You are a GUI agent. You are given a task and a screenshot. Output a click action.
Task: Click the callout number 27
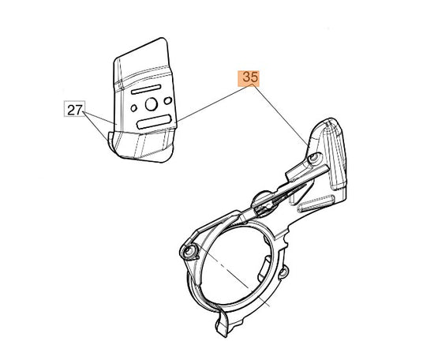tap(74, 110)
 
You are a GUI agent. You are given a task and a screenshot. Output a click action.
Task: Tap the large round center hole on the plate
tap(152, 104)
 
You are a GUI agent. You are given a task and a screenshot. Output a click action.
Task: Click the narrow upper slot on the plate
tap(146, 89)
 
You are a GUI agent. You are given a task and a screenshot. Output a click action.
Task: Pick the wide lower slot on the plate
tap(153, 122)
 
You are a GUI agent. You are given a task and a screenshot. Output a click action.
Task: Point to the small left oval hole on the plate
tap(134, 108)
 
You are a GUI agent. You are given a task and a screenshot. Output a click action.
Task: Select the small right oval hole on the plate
tap(168, 100)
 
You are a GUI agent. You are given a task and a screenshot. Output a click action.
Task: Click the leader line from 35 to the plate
tap(213, 103)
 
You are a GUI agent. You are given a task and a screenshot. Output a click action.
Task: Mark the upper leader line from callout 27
tap(99, 117)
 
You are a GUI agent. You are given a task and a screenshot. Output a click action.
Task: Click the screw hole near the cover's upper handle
tap(313, 158)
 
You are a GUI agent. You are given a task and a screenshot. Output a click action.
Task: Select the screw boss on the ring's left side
tap(189, 251)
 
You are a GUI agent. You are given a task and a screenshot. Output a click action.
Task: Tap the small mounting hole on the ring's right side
tap(282, 273)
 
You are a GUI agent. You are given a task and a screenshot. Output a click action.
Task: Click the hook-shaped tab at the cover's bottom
tap(223, 323)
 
